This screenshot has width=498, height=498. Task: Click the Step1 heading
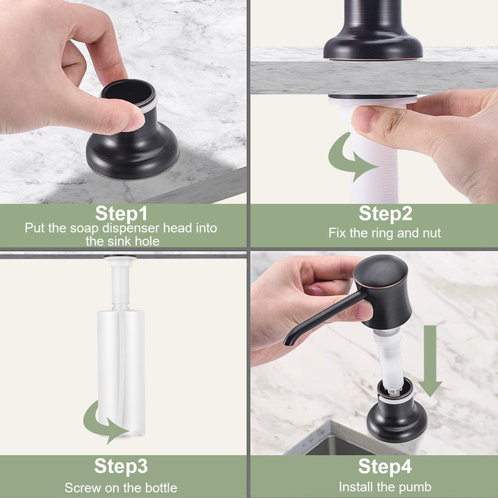(121, 214)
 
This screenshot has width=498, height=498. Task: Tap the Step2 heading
(385, 214)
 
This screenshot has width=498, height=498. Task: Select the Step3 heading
(121, 466)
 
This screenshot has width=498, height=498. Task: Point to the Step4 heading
(385, 466)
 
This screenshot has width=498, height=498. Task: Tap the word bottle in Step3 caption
(161, 488)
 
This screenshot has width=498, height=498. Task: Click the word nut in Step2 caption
(432, 234)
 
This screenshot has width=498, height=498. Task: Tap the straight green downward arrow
(430, 361)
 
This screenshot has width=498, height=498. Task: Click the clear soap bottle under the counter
(121, 371)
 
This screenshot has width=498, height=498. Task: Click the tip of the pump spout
(287, 343)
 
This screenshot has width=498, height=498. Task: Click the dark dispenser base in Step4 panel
(397, 413)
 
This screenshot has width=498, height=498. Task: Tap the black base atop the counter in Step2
(373, 32)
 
